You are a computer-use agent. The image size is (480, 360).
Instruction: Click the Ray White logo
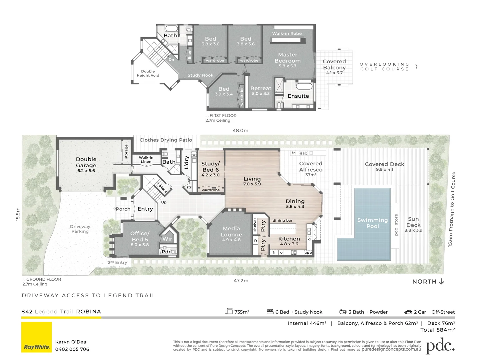(37, 337)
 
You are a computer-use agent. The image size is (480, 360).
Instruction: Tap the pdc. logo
(440, 346)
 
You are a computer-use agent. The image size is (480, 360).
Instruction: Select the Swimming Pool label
(372, 223)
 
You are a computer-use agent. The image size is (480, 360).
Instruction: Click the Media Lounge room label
(231, 232)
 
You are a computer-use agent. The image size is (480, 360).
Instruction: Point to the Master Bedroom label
(287, 58)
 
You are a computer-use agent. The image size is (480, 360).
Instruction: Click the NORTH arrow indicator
(441, 281)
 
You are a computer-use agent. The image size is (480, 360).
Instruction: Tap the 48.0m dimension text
(240, 131)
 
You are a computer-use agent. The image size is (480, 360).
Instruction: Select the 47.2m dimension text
(241, 281)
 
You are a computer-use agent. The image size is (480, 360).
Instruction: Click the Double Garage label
(86, 162)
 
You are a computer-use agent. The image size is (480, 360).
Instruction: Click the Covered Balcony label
(334, 64)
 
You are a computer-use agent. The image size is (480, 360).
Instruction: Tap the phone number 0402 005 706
(72, 349)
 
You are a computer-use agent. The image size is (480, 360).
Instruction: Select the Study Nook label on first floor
(200, 75)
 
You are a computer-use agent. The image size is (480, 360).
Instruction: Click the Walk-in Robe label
(287, 33)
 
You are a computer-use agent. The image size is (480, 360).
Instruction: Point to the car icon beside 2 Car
(408, 312)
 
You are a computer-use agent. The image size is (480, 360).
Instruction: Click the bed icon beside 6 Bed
(270, 312)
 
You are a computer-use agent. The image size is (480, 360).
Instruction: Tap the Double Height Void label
(148, 73)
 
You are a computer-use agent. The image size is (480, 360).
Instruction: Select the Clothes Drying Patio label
(166, 140)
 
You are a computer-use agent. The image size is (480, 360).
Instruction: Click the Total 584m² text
(437, 330)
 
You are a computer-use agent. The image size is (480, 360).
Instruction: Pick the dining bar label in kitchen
(282, 220)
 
